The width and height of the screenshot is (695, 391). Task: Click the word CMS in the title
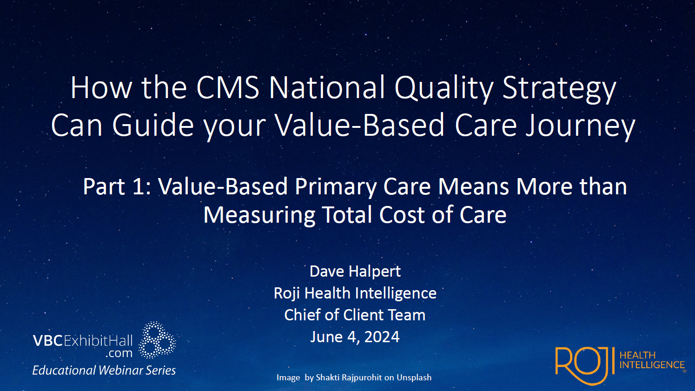click(x=228, y=87)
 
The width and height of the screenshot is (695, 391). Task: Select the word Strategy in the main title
click(x=559, y=88)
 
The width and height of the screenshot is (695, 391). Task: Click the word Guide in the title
click(x=153, y=126)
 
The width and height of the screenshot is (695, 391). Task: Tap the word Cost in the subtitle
click(x=402, y=215)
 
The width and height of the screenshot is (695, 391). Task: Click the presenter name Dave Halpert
click(x=355, y=271)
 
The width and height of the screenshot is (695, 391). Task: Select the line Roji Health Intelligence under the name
click(x=355, y=293)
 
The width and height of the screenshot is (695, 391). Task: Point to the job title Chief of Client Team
click(x=355, y=315)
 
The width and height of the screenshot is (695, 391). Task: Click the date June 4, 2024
click(x=355, y=337)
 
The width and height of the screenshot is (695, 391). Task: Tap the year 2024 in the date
click(x=382, y=337)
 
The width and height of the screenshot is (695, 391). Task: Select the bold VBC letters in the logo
click(x=48, y=341)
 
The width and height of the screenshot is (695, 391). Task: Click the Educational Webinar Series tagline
click(x=104, y=370)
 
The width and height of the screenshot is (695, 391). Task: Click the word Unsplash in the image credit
click(x=414, y=378)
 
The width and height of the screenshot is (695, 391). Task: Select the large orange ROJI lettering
click(x=585, y=365)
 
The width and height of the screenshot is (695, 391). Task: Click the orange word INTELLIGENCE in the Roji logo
click(x=652, y=365)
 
